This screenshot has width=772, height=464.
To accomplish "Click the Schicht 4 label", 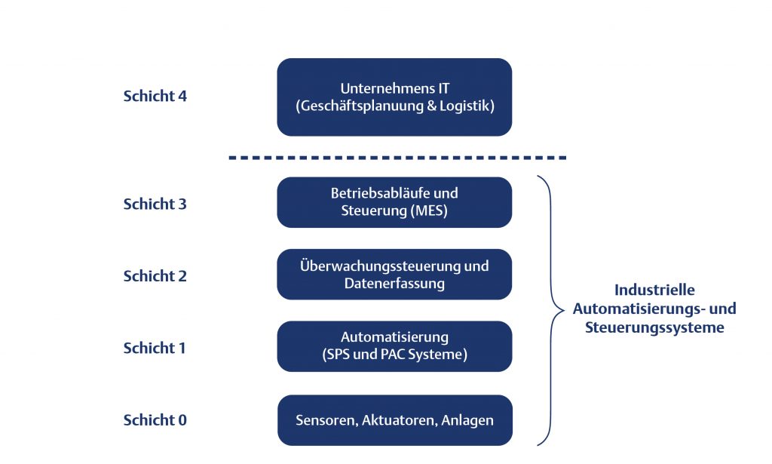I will click(x=155, y=97).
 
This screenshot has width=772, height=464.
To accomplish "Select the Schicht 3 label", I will click(x=155, y=204).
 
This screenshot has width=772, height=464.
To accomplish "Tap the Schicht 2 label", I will click(x=155, y=276).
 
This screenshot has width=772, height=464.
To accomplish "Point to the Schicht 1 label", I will click(x=155, y=348).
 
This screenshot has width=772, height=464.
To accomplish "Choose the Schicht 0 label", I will click(x=155, y=420).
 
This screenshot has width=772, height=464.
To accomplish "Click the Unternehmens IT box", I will click(x=394, y=97).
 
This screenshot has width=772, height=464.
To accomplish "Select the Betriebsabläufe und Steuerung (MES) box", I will click(x=394, y=202).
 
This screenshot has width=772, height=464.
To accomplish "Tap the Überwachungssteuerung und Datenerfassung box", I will click(x=394, y=275).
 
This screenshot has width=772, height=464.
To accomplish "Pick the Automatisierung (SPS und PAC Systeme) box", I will click(x=394, y=346).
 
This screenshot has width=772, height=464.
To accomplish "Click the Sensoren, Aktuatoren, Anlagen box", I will click(x=394, y=420).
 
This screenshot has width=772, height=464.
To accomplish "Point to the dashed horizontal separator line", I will click(x=397, y=158).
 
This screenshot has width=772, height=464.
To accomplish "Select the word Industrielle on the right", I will click(x=654, y=290).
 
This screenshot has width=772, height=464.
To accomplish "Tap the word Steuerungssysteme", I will click(x=654, y=328).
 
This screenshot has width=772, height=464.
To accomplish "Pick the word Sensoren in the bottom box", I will click(x=324, y=420).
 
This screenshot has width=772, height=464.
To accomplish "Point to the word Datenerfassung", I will click(x=394, y=284).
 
